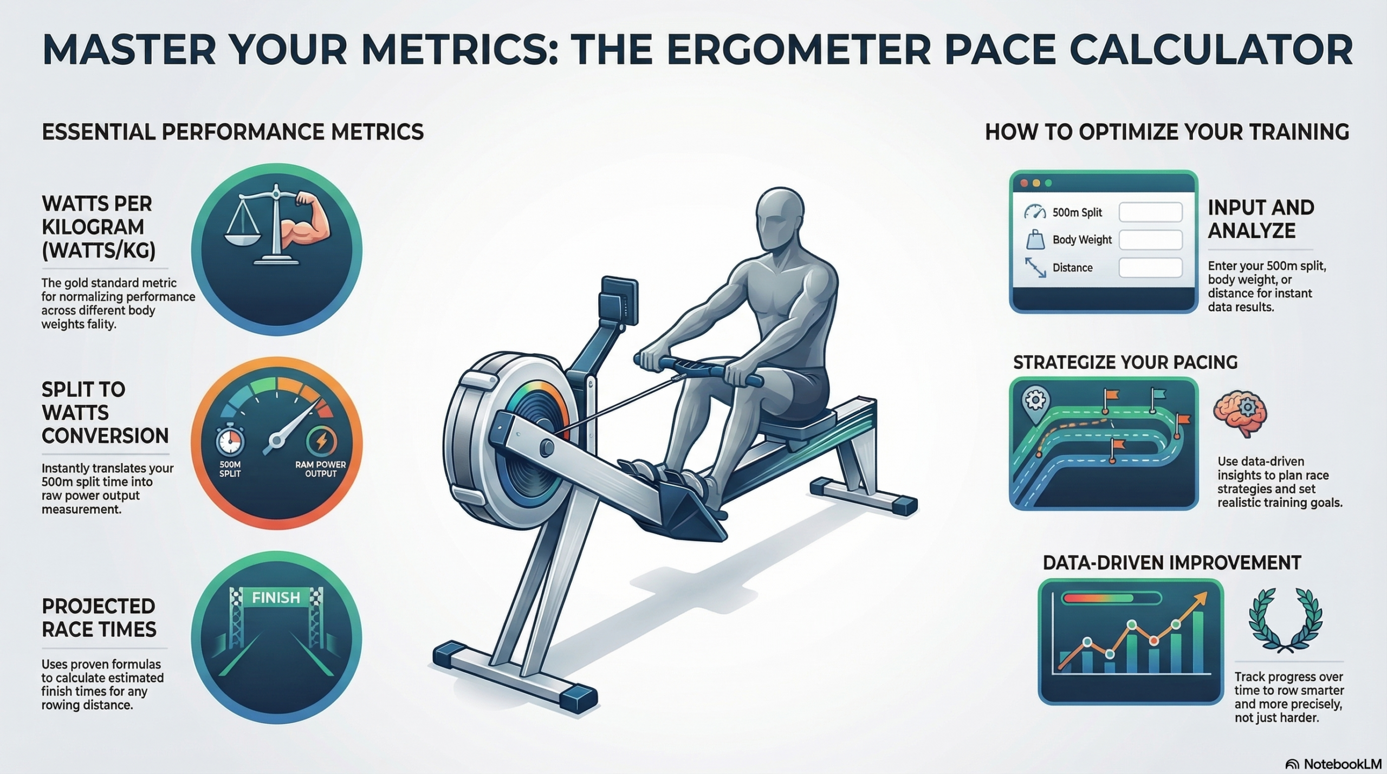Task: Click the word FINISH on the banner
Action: [276, 597]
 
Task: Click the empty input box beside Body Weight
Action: [1150, 239]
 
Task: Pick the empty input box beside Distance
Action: [1150, 268]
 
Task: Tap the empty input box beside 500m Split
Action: [1150, 212]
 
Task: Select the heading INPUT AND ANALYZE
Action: [1261, 219]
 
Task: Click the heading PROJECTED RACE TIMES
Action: [99, 617]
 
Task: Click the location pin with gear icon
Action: [1035, 405]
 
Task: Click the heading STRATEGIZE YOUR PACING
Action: [1125, 362]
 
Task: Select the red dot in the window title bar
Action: [1023, 184]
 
